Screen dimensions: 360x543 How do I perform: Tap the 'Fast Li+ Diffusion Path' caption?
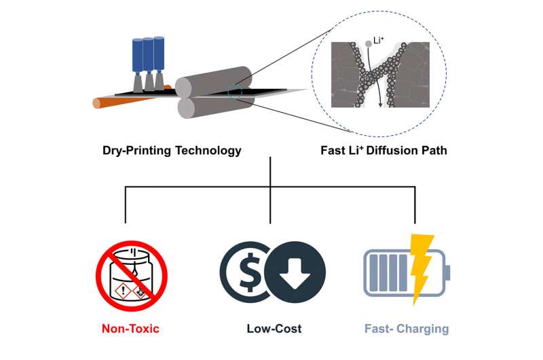pyautogui.click(x=383, y=150)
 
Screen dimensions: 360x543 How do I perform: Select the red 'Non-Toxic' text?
pyautogui.click(x=130, y=329)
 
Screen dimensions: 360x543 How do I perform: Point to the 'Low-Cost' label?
pyautogui.click(x=274, y=329)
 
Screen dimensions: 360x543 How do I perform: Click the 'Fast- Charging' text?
pyautogui.click(x=407, y=329)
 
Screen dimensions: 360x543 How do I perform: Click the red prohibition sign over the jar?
pyautogui.click(x=131, y=274)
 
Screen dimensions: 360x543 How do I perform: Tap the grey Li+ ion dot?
pyautogui.click(x=368, y=43)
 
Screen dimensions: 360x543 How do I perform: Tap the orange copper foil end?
pyautogui.click(x=98, y=103)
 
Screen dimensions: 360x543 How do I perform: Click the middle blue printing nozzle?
pyautogui.click(x=149, y=55)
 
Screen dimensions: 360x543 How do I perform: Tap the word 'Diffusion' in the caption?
pyautogui.click(x=393, y=150)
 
